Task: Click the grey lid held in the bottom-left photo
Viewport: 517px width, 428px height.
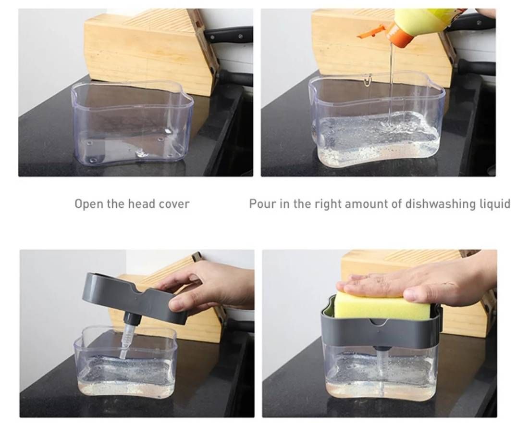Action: [x=135, y=297]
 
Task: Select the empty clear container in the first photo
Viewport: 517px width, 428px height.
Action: [x=132, y=124]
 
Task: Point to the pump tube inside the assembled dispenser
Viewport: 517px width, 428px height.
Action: [x=382, y=366]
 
